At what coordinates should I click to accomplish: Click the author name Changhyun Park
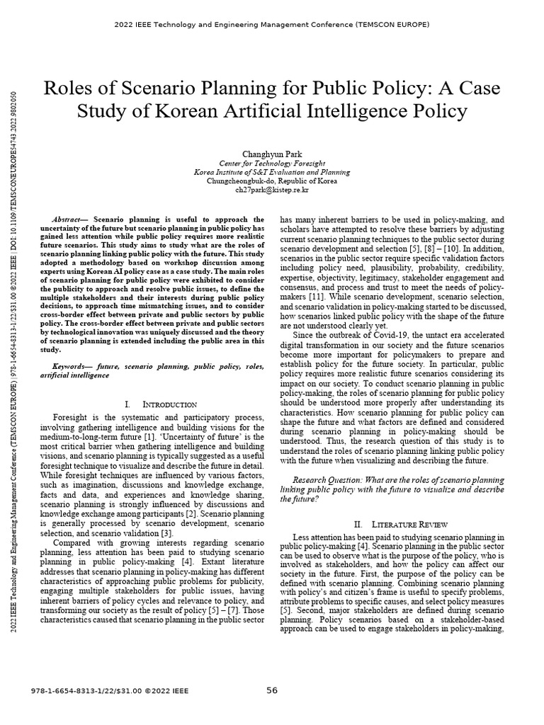pos(272,152)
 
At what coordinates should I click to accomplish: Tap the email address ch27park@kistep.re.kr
pos(272,189)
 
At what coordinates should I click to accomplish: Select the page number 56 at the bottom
pos(272,691)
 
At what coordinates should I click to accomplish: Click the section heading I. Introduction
pos(160,404)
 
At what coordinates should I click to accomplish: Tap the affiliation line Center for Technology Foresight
pos(272,162)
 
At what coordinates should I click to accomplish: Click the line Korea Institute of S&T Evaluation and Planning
pos(272,171)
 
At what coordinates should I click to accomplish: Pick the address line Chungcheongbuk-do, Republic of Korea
pos(272,181)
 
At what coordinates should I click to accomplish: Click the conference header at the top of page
pos(272,24)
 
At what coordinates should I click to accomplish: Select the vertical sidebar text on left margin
pos(12,354)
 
